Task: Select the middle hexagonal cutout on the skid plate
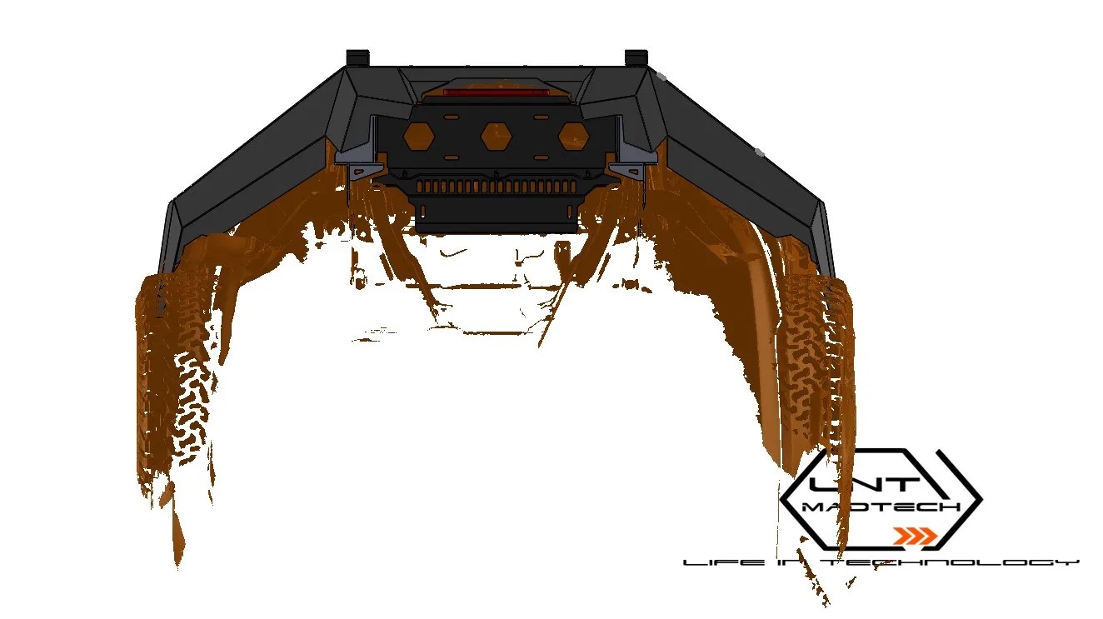[495, 133]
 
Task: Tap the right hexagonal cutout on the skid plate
[572, 135]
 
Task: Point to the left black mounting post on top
[357, 57]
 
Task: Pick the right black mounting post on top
[636, 57]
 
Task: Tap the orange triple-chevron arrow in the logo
[914, 536]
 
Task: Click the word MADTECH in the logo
[881, 507]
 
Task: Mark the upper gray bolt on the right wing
[661, 76]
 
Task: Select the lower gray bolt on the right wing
[758, 152]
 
